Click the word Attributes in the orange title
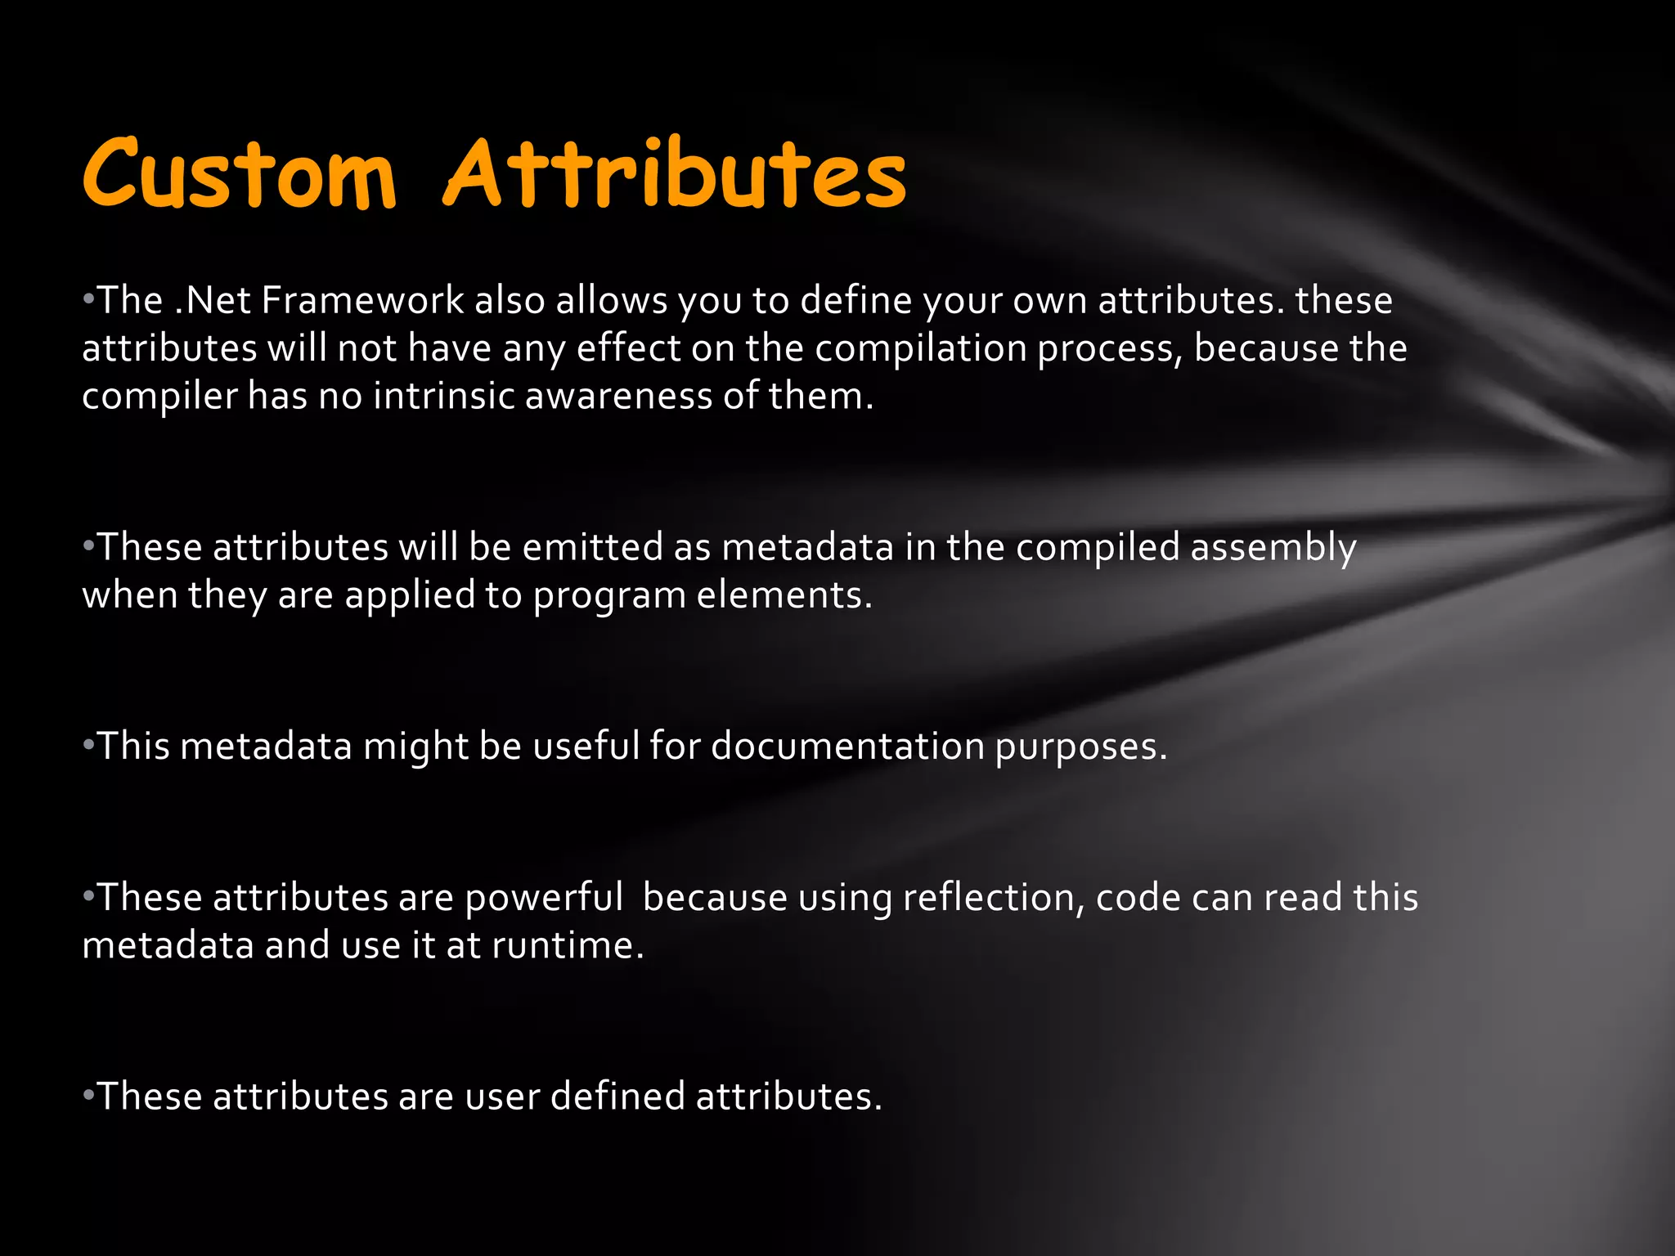(675, 173)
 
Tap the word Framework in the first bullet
(362, 300)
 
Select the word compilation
(921, 348)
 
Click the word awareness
(618, 396)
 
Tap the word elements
(784, 594)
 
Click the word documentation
(847, 746)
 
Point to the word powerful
(544, 898)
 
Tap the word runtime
(568, 945)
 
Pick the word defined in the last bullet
(617, 1096)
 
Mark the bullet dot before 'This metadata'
(88, 746)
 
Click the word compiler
(159, 397)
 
